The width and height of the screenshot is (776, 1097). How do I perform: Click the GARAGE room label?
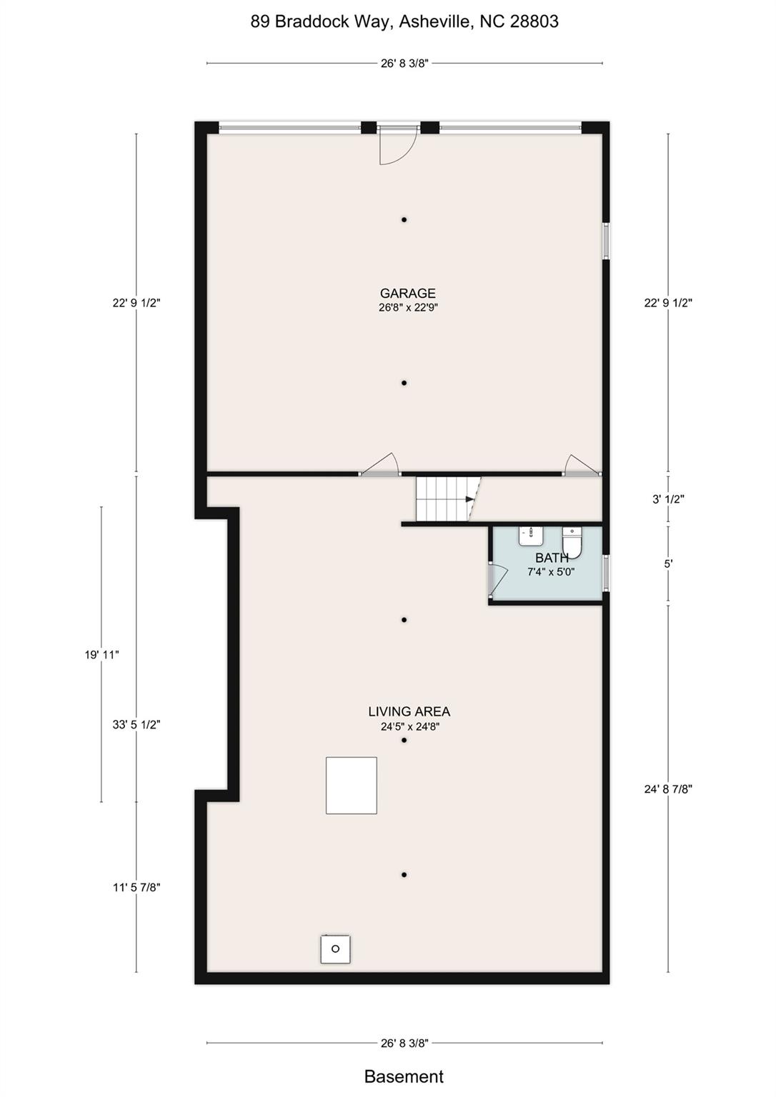point(407,293)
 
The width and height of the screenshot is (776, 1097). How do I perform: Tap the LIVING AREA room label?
point(409,711)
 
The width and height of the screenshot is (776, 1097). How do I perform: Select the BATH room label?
point(552,558)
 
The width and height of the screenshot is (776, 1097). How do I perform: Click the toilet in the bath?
point(572,541)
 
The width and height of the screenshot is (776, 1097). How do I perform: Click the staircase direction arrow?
point(469,499)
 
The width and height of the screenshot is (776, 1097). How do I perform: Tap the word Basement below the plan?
point(404,1076)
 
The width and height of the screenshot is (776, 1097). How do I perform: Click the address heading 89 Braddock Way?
point(404,21)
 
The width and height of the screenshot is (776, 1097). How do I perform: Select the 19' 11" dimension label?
point(101,654)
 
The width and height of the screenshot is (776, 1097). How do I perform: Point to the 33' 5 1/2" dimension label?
point(136,724)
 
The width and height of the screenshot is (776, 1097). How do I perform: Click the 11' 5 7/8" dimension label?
point(136,888)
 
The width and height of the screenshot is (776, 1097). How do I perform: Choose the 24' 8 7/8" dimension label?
point(668,789)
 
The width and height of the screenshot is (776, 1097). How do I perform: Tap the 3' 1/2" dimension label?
point(668,499)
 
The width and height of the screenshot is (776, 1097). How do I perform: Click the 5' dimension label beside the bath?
point(668,563)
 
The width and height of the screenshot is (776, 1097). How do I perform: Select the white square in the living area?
point(352,786)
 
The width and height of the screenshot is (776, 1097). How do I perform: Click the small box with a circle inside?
point(335,949)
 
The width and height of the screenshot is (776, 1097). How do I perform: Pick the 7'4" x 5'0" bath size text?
point(551,572)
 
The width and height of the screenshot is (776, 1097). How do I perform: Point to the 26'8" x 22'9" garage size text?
point(407,308)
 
